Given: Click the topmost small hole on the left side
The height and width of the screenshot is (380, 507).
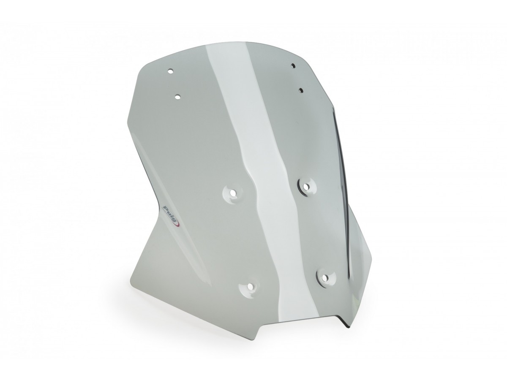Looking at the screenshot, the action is pyautogui.click(x=170, y=71).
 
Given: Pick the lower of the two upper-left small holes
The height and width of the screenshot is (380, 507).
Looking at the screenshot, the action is pyautogui.click(x=177, y=97).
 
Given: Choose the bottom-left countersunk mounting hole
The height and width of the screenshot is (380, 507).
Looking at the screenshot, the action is pyautogui.click(x=249, y=287).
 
